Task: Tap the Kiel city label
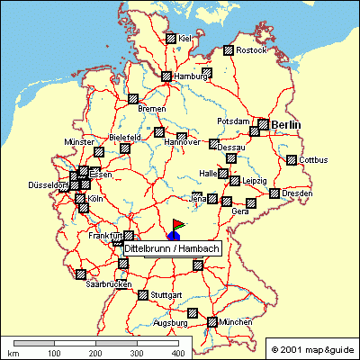[185, 39]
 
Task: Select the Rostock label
[253, 50]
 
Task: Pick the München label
[235, 321]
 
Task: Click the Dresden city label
[297, 193]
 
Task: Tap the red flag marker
[177, 223]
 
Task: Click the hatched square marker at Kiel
[170, 39]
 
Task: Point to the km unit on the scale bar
[13, 355]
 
